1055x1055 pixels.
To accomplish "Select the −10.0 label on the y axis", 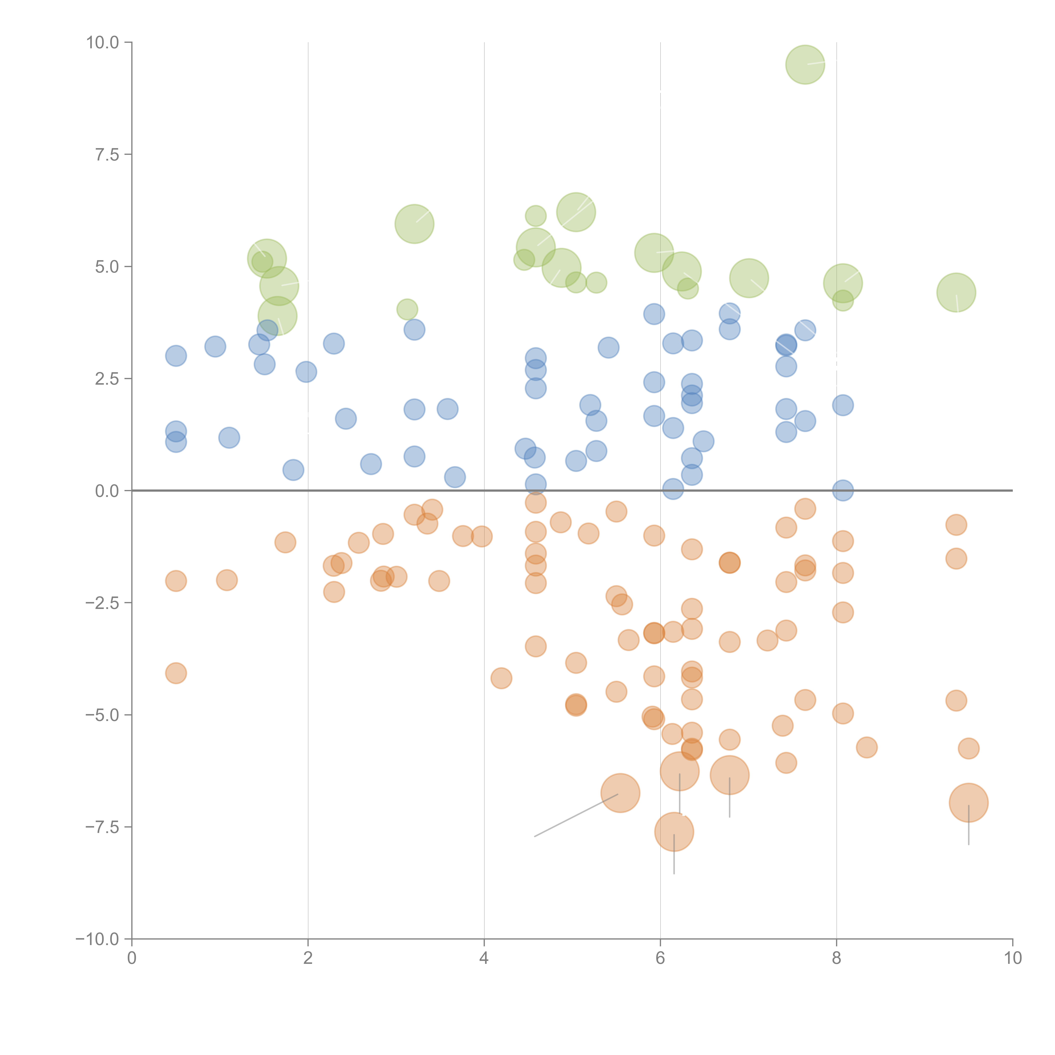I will (97, 939).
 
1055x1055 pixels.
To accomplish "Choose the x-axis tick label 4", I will (484, 958).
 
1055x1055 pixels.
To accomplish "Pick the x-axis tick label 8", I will (836, 958).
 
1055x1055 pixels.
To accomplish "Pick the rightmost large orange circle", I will (968, 803).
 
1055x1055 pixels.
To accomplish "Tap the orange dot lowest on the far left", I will (176, 673).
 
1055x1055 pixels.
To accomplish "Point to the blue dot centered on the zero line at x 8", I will (843, 490).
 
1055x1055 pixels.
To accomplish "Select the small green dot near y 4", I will (407, 310).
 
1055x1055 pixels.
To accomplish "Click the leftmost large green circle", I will (266, 258).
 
